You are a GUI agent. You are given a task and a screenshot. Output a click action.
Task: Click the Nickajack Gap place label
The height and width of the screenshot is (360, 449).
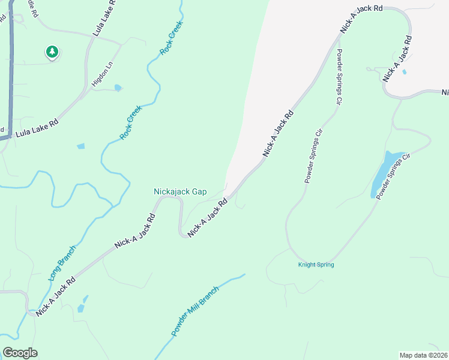180,192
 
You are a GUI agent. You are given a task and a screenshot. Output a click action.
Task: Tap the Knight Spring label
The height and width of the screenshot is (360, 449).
316,265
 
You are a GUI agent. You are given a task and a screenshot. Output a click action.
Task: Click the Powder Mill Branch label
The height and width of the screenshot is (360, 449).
195,311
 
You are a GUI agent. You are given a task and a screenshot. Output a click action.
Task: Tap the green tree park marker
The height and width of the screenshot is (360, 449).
52,53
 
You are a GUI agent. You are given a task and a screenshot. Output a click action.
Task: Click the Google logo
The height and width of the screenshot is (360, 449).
20,353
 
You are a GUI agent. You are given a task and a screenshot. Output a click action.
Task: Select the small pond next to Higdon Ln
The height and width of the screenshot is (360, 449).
118,88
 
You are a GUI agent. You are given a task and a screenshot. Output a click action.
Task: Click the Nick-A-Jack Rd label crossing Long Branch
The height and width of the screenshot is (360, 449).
55,296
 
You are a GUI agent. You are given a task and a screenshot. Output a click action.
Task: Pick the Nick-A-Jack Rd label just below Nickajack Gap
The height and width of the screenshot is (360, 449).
208,218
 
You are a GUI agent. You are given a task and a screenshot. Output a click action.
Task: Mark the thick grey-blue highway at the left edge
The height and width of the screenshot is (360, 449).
10,72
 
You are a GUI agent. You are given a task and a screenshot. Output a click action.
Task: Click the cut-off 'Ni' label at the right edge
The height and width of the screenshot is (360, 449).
445,92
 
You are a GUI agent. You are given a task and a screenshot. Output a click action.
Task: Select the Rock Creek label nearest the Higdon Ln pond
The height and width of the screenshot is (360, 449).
130,123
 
